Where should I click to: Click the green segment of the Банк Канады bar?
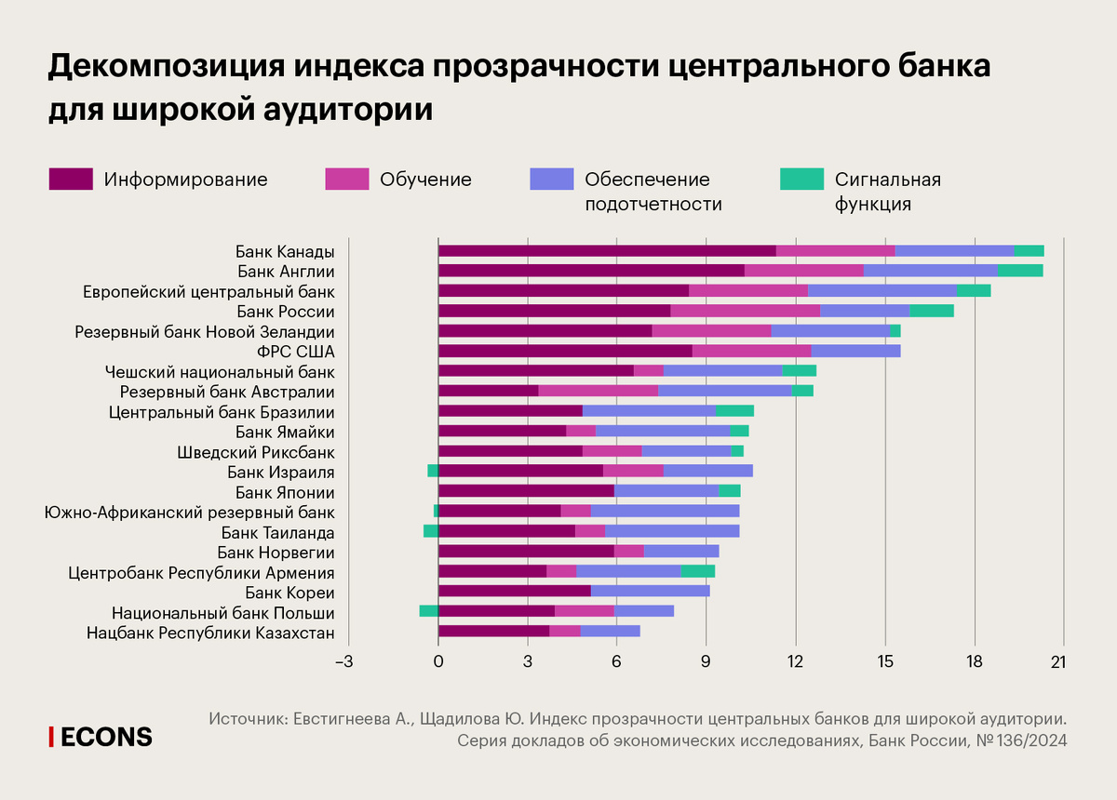click(1029, 250)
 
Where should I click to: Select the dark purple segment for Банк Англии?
click(591, 271)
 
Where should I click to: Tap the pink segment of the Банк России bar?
click(745, 311)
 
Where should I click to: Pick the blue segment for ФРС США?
click(855, 351)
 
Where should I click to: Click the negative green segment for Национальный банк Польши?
click(428, 611)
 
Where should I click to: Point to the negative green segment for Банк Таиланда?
click(430, 531)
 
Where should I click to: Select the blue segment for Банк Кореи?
click(650, 591)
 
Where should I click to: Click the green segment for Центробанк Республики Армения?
click(697, 571)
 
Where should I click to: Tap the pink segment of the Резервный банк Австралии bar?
click(598, 391)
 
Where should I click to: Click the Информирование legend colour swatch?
click(71, 180)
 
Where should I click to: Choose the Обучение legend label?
click(425, 180)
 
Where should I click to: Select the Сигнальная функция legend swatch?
click(801, 180)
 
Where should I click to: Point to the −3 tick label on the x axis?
click(344, 661)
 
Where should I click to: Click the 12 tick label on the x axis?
click(795, 661)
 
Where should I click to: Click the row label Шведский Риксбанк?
click(256, 451)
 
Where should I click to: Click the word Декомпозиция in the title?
click(166, 67)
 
